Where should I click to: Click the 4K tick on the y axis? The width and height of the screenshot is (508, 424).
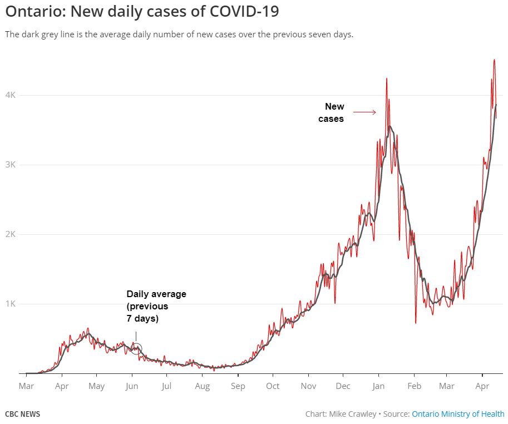click(11, 95)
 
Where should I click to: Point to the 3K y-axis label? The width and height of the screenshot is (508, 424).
click(11, 165)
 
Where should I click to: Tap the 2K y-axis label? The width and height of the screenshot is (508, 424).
click(11, 234)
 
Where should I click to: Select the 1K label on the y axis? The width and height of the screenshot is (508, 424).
click(11, 304)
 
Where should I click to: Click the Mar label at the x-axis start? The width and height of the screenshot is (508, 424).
click(26, 386)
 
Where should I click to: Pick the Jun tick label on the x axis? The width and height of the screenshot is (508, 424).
click(132, 386)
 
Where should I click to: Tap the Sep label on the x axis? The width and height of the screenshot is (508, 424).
click(238, 386)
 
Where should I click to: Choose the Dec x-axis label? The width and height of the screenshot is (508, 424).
click(343, 386)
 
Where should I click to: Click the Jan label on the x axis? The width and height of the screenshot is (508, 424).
click(379, 386)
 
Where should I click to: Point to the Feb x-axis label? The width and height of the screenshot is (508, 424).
click(414, 386)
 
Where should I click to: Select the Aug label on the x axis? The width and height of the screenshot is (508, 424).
click(203, 386)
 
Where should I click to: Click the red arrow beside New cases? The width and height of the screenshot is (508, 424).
click(365, 112)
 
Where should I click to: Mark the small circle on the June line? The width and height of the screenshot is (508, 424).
click(136, 349)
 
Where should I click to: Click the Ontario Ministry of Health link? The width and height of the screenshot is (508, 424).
click(458, 414)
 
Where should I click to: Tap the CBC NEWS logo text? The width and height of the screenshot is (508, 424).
click(22, 414)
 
